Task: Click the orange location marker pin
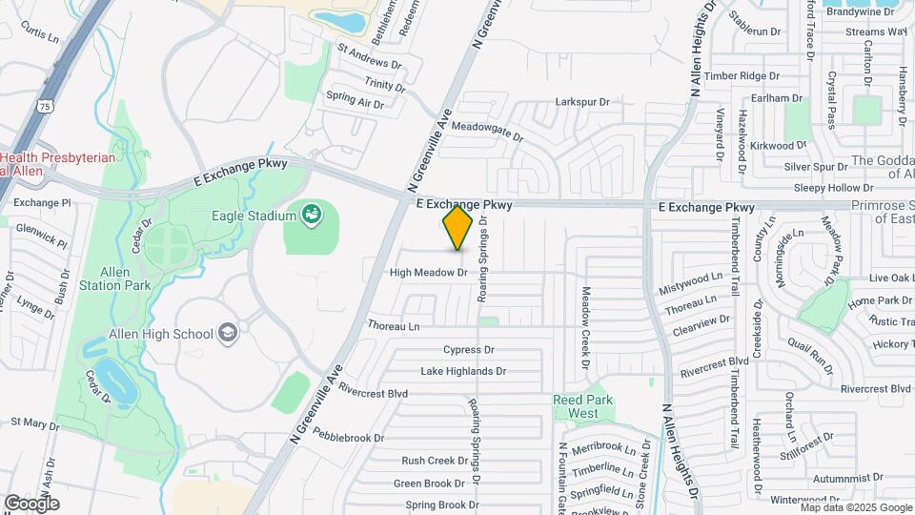457,229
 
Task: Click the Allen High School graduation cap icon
228,333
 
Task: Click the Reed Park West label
582,406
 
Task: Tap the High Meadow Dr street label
428,273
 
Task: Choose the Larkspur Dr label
581,102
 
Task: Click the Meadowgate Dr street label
487,131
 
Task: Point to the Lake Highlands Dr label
463,371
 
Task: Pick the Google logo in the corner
31,503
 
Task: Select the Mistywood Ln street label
692,287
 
